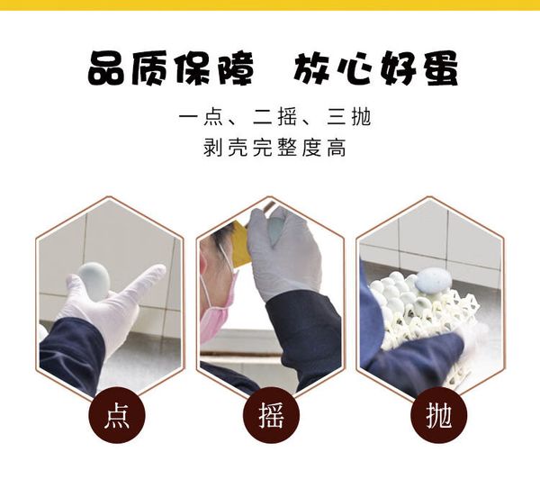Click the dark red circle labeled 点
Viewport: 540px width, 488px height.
click(117, 414)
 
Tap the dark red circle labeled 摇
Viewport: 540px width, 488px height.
click(271, 414)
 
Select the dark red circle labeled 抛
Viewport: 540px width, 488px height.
click(439, 414)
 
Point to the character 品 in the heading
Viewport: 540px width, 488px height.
click(107, 68)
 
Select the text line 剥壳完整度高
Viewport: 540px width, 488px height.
click(274, 148)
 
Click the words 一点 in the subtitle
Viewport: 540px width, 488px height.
click(201, 117)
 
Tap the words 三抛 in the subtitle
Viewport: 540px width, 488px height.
click(348, 117)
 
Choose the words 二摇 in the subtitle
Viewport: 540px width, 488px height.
click(274, 117)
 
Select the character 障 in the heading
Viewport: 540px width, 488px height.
click(233, 68)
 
